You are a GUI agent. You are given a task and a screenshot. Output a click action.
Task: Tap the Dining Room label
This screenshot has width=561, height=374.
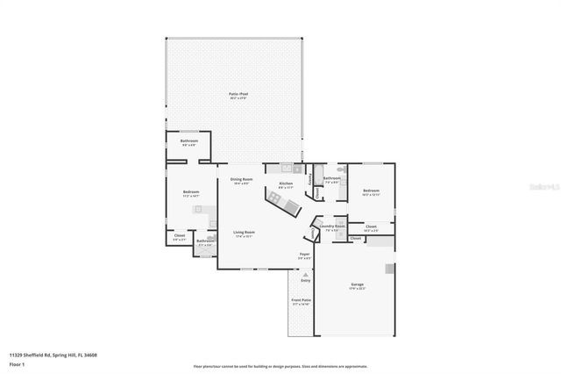click(x=241, y=180)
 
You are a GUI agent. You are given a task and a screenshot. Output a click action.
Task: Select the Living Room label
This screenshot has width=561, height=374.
click(x=243, y=233)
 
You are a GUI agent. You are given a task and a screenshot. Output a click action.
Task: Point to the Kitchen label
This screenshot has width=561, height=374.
click(x=286, y=183)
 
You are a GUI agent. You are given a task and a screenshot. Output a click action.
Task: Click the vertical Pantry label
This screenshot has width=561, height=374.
click(x=309, y=180)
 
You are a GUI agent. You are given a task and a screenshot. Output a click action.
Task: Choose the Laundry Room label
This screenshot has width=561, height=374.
click(x=332, y=227)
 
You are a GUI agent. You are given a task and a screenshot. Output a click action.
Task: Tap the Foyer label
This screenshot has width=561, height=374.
click(x=304, y=255)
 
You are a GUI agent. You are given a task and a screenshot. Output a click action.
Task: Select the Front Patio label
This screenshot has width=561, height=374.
click(x=301, y=301)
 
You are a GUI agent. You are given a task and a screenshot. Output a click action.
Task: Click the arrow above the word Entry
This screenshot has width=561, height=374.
click(x=305, y=273)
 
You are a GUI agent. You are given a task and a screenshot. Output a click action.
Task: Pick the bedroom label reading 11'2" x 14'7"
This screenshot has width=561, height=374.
click(x=191, y=193)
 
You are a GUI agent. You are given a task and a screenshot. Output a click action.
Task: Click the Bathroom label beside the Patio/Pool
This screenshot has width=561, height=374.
click(x=189, y=142)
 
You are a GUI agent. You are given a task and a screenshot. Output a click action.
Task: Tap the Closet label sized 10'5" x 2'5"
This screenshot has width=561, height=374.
click(x=371, y=227)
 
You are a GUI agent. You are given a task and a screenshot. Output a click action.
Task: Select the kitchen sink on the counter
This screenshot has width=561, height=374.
click(x=287, y=167)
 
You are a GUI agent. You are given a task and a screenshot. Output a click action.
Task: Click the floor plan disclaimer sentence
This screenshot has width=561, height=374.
click(x=280, y=365)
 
